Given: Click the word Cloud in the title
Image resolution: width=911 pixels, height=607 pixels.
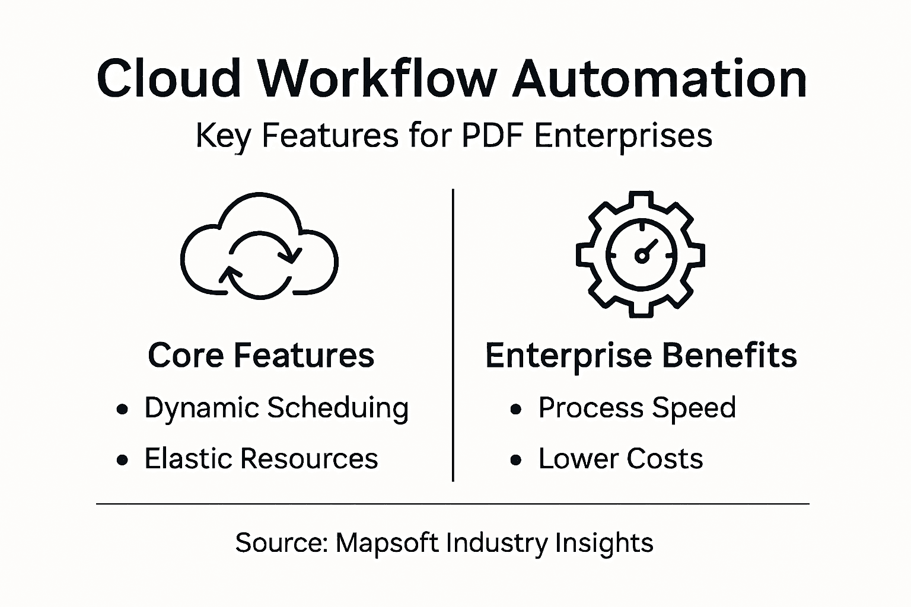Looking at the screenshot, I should [169, 78].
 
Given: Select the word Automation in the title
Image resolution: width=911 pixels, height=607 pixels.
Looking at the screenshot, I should [660, 78].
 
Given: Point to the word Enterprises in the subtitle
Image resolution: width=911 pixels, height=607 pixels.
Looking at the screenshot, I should [623, 135].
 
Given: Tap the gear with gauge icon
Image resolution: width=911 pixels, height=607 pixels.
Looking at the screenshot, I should [641, 254].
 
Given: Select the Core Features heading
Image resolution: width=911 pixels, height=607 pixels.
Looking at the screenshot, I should [261, 355].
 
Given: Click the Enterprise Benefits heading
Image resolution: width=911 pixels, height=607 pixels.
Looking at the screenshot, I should [641, 355].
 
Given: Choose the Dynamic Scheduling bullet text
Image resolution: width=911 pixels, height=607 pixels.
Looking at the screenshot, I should [276, 408].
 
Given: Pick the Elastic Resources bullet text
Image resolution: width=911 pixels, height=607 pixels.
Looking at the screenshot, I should [261, 459].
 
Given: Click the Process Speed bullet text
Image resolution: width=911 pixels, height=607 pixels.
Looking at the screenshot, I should [637, 408].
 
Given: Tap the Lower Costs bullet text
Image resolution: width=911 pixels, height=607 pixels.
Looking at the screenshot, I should [620, 459].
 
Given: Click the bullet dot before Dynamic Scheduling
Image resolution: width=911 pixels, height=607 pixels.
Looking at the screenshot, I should [123, 409].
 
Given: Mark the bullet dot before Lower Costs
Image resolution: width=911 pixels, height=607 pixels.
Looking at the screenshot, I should [517, 460].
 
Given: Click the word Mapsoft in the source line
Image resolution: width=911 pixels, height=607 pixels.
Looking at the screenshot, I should [387, 542].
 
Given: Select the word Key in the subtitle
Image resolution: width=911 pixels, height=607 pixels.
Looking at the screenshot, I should [220, 136].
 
